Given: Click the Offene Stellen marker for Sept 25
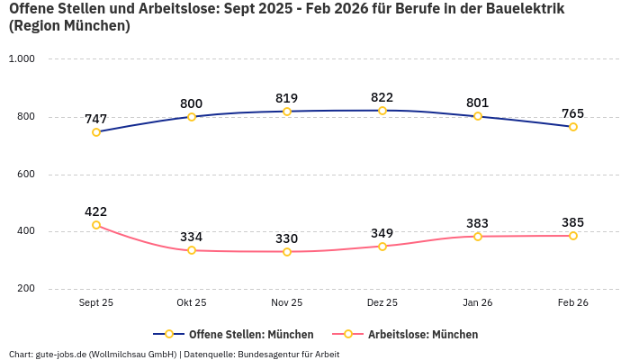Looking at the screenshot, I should click(96, 132).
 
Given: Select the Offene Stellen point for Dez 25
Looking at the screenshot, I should click(382, 111).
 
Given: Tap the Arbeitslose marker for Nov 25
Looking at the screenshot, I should click(287, 252).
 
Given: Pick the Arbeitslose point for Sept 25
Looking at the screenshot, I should click(96, 225).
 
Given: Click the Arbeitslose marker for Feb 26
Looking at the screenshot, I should click(572, 236).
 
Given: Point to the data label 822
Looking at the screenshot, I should click(382, 97).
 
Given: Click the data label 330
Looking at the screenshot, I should click(287, 238).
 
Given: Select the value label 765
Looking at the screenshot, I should click(572, 113).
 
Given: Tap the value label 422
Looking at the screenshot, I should click(96, 211).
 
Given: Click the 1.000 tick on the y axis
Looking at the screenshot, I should click(22, 58).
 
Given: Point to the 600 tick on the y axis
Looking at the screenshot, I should click(25, 174).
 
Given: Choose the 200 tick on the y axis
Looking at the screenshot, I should click(25, 289).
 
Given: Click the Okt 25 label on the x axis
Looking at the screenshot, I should click(192, 303).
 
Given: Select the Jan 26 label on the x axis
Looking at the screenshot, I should click(478, 303).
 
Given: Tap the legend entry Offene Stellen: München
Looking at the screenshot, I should click(233, 334).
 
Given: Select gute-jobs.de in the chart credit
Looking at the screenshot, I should click(61, 354).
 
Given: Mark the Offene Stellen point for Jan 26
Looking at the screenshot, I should click(478, 116).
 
